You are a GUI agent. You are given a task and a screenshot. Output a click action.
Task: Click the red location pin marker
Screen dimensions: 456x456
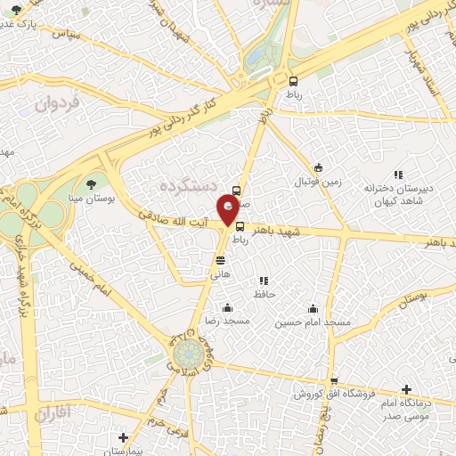229,211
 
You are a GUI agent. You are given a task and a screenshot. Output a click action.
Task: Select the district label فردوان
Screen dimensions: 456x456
58,104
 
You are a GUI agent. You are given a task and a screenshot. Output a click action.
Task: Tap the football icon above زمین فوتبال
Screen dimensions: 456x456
318,168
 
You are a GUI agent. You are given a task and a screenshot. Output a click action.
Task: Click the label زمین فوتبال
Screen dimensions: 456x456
319,182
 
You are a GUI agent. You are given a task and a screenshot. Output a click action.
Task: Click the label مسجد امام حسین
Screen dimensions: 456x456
313,322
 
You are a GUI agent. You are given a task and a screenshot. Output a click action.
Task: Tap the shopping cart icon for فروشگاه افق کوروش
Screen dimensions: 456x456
333,381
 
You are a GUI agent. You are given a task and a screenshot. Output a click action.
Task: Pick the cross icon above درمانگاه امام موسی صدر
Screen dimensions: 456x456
406,389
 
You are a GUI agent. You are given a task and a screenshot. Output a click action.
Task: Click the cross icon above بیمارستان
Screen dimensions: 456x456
123,437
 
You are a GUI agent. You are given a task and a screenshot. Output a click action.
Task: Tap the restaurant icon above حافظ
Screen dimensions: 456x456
264,281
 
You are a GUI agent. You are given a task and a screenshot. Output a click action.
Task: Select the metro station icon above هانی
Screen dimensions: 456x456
220,260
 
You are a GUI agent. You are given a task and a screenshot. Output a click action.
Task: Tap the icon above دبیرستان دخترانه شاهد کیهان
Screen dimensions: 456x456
397,175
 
